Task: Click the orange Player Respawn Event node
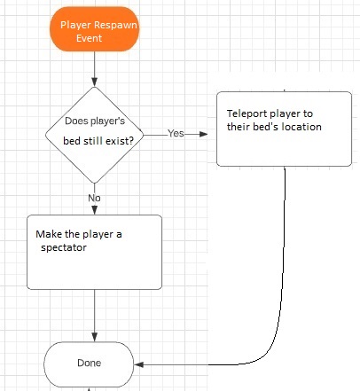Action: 94,29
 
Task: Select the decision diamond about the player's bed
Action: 95,135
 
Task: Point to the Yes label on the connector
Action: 176,134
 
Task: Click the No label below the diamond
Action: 94,198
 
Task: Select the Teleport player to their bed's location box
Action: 284,129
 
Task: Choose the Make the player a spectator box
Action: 94,252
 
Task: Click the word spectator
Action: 64,247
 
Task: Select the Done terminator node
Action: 89,364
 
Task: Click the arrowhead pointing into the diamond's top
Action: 94,82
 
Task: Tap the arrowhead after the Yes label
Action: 203,134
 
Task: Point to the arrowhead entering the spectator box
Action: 95,210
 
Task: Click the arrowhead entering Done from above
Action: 95,337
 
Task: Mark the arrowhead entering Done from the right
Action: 138,364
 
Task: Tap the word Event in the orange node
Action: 89,38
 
